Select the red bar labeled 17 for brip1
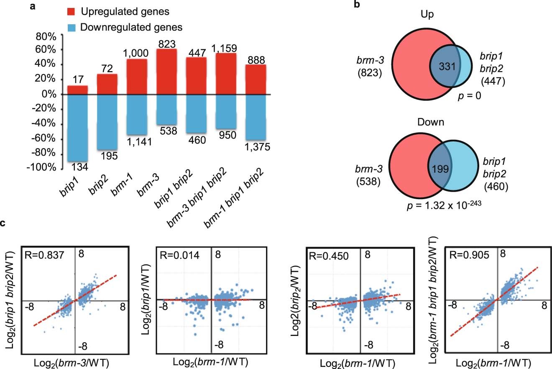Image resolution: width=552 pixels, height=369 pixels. point(77,90)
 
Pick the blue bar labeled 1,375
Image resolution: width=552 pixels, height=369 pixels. point(255,117)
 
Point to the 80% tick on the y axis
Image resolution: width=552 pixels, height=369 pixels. point(46,36)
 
